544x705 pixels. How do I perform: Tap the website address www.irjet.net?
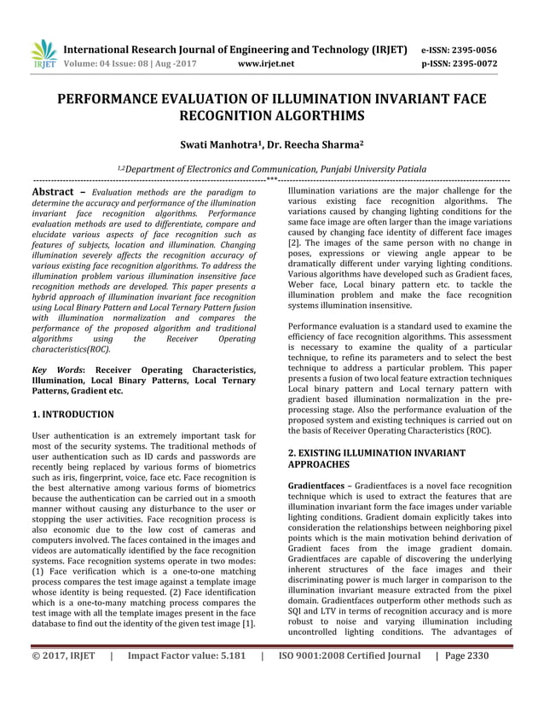(266, 63)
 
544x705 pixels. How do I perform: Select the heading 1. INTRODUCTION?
(72, 414)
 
